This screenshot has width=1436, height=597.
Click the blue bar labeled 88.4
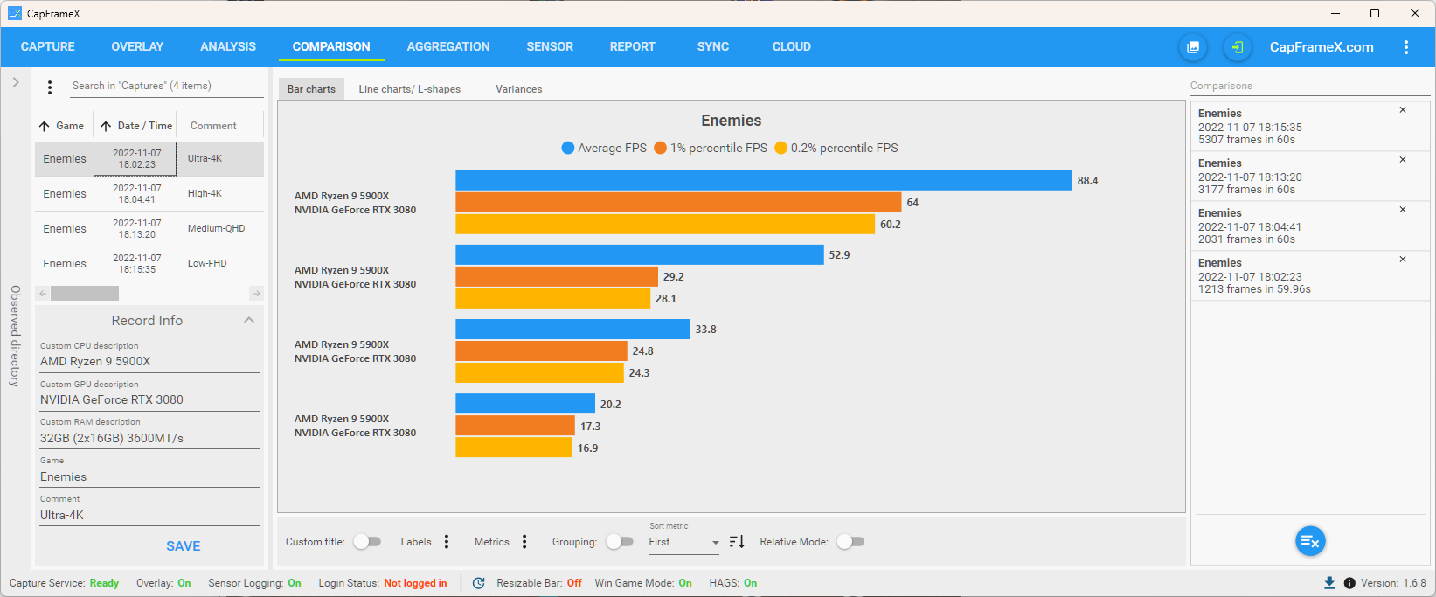pyautogui.click(x=763, y=180)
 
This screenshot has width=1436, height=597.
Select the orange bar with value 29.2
pyautogui.click(x=557, y=276)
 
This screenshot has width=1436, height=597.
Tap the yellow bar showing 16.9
pyautogui.click(x=514, y=448)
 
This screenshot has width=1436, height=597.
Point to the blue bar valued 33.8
pyautogui.click(x=572, y=330)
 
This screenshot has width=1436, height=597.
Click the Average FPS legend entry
pyautogui.click(x=604, y=148)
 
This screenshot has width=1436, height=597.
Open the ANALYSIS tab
pyautogui.click(x=228, y=46)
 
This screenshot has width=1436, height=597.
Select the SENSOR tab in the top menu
pyautogui.click(x=550, y=46)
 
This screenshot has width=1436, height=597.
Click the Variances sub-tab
pyautogui.click(x=518, y=89)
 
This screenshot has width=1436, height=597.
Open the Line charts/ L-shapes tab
pyautogui.click(x=409, y=89)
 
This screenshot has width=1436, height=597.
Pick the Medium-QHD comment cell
pyautogui.click(x=216, y=228)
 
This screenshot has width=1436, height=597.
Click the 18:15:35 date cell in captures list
pyautogui.click(x=137, y=263)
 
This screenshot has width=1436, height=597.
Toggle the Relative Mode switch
pyautogui.click(x=850, y=542)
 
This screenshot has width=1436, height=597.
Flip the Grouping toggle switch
pyautogui.click(x=620, y=542)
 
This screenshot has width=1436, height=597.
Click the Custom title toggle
pyautogui.click(x=367, y=542)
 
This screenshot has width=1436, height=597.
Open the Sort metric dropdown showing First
pyautogui.click(x=683, y=542)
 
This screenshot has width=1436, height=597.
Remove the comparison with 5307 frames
pyautogui.click(x=1403, y=110)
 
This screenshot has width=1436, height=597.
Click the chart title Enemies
pyautogui.click(x=731, y=121)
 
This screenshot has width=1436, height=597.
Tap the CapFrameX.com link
pyautogui.click(x=1321, y=47)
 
